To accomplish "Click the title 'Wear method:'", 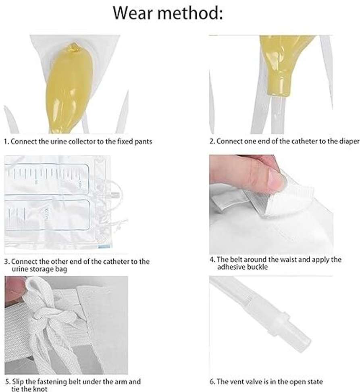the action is (x=168, y=13).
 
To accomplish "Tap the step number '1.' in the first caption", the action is (x=6, y=142).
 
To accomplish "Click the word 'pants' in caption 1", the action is (x=143, y=142).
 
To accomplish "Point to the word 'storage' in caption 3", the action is (x=44, y=269).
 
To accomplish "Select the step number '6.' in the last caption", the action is (x=212, y=382).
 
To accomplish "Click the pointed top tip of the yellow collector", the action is (x=73, y=44).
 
